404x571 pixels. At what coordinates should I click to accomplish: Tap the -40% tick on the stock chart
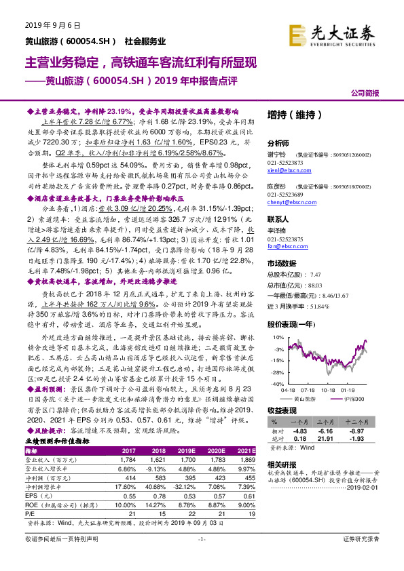pyautogui.click(x=272, y=384)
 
